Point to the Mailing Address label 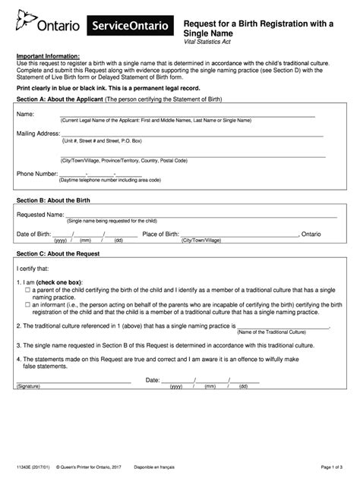[38, 134]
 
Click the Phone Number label [37, 174]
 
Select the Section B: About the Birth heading [53, 200]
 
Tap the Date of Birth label [33, 234]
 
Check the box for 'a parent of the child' [27, 290]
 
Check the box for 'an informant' [27, 303]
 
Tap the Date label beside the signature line [153, 379]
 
